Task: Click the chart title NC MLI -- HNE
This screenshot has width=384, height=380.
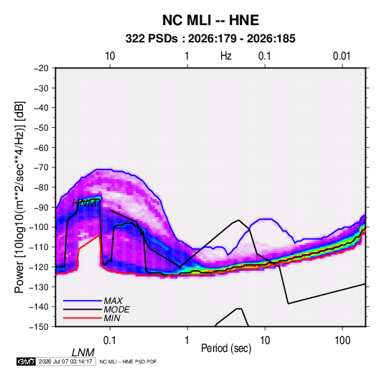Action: (210, 20)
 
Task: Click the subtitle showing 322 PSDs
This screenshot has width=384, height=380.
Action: (210, 39)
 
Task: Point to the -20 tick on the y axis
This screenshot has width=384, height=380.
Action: (41, 68)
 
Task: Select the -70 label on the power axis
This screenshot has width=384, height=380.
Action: (41, 167)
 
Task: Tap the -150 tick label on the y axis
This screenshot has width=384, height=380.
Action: (39, 327)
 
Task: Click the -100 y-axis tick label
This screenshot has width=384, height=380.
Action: (39, 227)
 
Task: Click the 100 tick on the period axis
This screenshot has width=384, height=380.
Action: (342, 340)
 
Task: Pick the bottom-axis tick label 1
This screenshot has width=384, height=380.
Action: (187, 340)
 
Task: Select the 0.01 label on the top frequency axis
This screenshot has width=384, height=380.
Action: (342, 56)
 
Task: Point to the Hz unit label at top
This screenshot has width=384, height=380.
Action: (226, 56)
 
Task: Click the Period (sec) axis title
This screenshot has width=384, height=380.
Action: (226, 348)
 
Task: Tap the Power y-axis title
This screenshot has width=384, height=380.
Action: (19, 198)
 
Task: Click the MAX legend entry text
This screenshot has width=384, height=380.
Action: (113, 300)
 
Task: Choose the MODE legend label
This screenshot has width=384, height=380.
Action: (116, 310)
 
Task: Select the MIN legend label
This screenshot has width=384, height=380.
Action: (112, 318)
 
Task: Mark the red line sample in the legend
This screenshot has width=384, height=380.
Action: (83, 318)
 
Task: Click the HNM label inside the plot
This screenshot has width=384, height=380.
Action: (85, 203)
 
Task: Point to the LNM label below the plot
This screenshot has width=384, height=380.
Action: (83, 353)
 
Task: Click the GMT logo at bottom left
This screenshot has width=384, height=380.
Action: (27, 361)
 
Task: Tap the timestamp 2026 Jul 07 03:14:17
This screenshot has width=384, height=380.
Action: (65, 361)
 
